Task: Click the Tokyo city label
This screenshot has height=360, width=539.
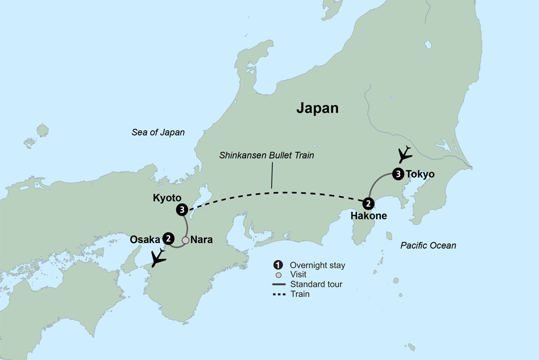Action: (x=419, y=174)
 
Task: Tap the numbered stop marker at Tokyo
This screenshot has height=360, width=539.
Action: (x=398, y=174)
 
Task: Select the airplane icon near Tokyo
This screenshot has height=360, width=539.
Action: (x=404, y=154)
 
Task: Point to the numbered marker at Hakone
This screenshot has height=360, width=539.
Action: (x=368, y=203)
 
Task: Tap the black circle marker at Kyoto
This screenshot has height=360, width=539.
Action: (x=182, y=209)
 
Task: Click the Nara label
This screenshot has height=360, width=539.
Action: (x=201, y=240)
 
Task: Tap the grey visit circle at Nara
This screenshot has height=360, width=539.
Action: (x=185, y=240)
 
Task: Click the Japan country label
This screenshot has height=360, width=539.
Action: (x=317, y=108)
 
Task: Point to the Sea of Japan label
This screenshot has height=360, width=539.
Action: (x=158, y=133)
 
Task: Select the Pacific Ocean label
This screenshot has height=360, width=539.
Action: (x=429, y=246)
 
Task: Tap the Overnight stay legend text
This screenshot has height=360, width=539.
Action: (x=317, y=265)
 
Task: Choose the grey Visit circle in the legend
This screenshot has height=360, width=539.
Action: (x=278, y=274)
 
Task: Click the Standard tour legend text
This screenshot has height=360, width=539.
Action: (x=316, y=284)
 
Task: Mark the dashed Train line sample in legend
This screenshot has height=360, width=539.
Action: (x=278, y=294)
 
